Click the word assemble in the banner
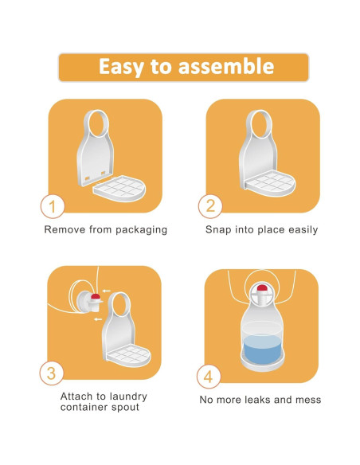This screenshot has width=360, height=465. pos(226,66)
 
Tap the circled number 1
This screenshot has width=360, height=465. pos(53,206)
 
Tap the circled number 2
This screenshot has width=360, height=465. pos(210,206)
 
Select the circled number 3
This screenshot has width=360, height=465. pos(52,373)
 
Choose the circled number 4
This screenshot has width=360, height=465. pos(209,377)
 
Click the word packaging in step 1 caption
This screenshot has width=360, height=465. pos(142,230)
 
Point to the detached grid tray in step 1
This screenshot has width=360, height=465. pos(119,189)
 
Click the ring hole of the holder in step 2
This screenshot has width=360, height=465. pos(260,123)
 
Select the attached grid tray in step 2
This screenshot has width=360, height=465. pos(270,184)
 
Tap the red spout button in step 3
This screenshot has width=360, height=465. pos(96,296)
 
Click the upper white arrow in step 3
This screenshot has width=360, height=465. pos(106,291)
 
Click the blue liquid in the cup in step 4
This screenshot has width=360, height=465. pos(262,349)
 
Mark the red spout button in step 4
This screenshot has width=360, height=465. pos(262,287)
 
